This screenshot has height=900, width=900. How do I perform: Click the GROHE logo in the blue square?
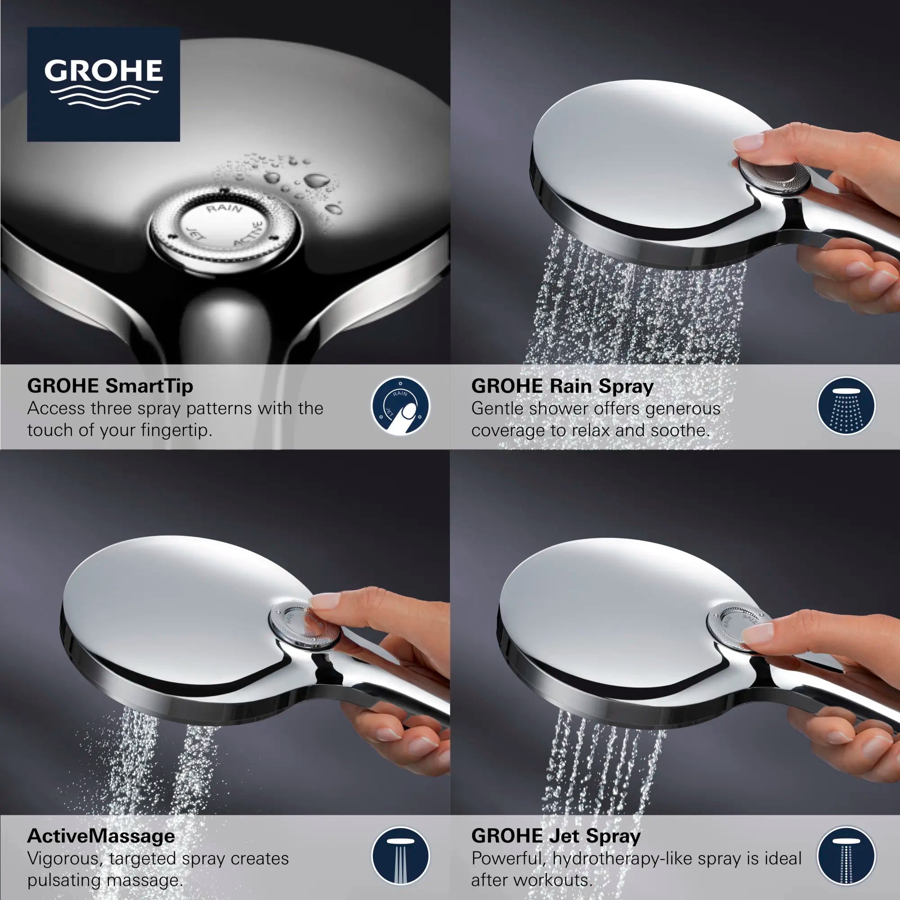point(103,84)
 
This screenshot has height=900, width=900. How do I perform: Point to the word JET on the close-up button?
point(195,234)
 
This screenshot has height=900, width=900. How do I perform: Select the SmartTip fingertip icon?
point(400,406)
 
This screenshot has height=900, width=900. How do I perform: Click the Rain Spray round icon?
point(846,406)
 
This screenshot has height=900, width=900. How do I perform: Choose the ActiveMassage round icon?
point(400,856)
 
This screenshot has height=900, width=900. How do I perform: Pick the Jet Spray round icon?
point(846,856)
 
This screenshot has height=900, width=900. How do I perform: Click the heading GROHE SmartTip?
point(110,386)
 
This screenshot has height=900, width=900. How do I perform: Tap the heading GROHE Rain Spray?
point(562,386)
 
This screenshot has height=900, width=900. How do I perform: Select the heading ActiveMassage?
point(101,836)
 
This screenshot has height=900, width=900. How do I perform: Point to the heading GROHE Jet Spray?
point(556,836)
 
